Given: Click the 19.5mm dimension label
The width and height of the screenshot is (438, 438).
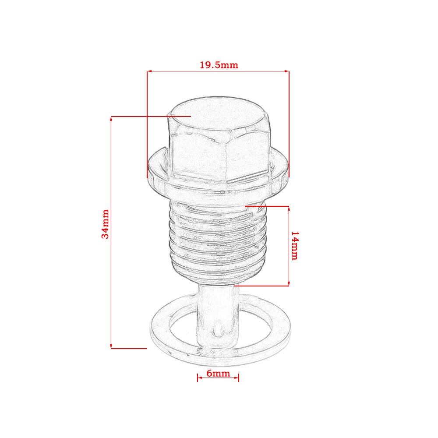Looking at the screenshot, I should coord(219,65).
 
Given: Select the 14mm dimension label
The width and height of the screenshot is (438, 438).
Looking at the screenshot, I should coord(294,246).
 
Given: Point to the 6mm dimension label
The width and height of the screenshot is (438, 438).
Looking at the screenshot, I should coord(218,373).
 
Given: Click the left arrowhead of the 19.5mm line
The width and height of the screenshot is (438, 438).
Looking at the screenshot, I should coord(149,71).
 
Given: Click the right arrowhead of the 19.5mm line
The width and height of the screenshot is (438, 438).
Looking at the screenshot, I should coord(287,71).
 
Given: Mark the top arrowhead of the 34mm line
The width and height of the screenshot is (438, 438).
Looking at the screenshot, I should coord(112,119).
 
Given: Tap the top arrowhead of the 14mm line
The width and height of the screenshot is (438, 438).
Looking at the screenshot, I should coord(289,208).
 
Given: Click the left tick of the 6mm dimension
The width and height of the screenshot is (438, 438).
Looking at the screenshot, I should coord(198,378).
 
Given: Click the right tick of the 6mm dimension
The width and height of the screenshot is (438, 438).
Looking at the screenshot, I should coord(239,378).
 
